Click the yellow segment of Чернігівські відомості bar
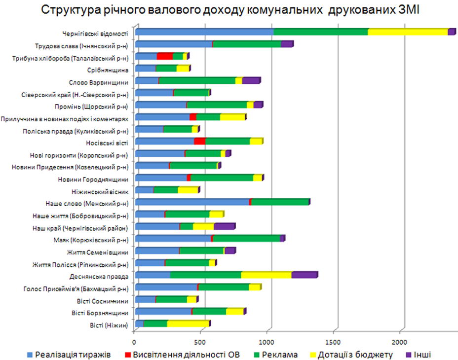pyautogui.click(x=408, y=32)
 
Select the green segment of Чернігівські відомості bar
pyautogui.click(x=321, y=32)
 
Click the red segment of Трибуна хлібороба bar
pyautogui.click(x=165, y=56)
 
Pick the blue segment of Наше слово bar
pyautogui.click(x=192, y=202)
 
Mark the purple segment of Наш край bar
pyautogui.click(x=224, y=226)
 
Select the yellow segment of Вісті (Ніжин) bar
pyautogui.click(x=188, y=323)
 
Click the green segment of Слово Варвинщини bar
pyautogui.click(x=197, y=80)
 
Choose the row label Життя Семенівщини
pyautogui.click(x=98, y=251)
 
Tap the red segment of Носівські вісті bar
pyautogui.click(x=199, y=141)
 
